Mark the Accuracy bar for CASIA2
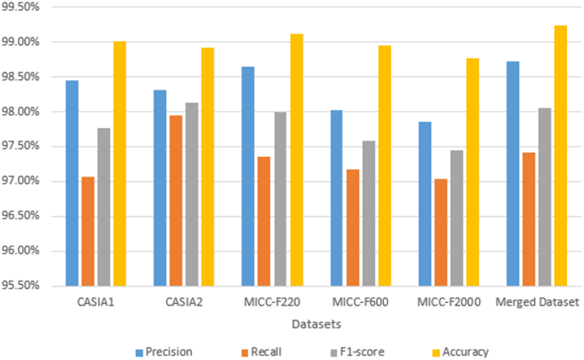point(208,166)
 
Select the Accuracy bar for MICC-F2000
point(472,171)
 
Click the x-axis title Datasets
point(317,325)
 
